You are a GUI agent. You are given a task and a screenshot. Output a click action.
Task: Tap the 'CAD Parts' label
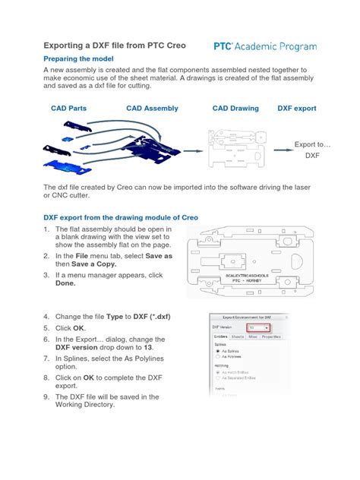68,109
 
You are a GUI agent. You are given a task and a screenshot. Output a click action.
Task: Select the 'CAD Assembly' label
152,109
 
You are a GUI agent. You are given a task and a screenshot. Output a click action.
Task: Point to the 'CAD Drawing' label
235,109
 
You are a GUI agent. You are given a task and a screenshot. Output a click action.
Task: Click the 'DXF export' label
297,109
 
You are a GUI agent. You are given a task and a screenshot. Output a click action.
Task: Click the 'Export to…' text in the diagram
313,143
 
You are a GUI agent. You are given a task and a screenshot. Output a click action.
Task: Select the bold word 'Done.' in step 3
65,283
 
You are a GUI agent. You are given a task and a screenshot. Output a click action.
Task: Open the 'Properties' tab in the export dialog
270,336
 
